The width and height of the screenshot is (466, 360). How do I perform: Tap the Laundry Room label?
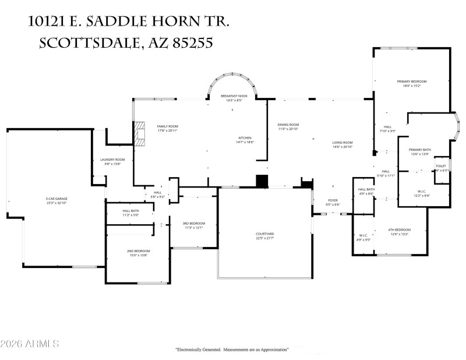[x=112, y=160]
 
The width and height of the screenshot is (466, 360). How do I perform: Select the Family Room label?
[x=167, y=126]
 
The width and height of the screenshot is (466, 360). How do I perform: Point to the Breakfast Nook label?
[x=234, y=96]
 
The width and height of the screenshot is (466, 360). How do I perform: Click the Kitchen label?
[x=245, y=138]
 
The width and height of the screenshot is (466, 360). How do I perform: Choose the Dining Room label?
[x=288, y=125]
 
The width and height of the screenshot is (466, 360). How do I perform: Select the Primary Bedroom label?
[x=412, y=82]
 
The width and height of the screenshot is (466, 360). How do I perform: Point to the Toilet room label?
[x=441, y=166]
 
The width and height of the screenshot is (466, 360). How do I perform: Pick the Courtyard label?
[x=265, y=234]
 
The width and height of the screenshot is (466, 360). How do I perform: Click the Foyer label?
[x=333, y=200]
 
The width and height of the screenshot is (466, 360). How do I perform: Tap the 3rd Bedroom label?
[x=193, y=224]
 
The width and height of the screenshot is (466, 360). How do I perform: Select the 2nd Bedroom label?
[x=137, y=251]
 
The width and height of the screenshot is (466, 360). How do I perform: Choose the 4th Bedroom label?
[x=400, y=230]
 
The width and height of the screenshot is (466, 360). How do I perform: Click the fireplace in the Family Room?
[x=140, y=133]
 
